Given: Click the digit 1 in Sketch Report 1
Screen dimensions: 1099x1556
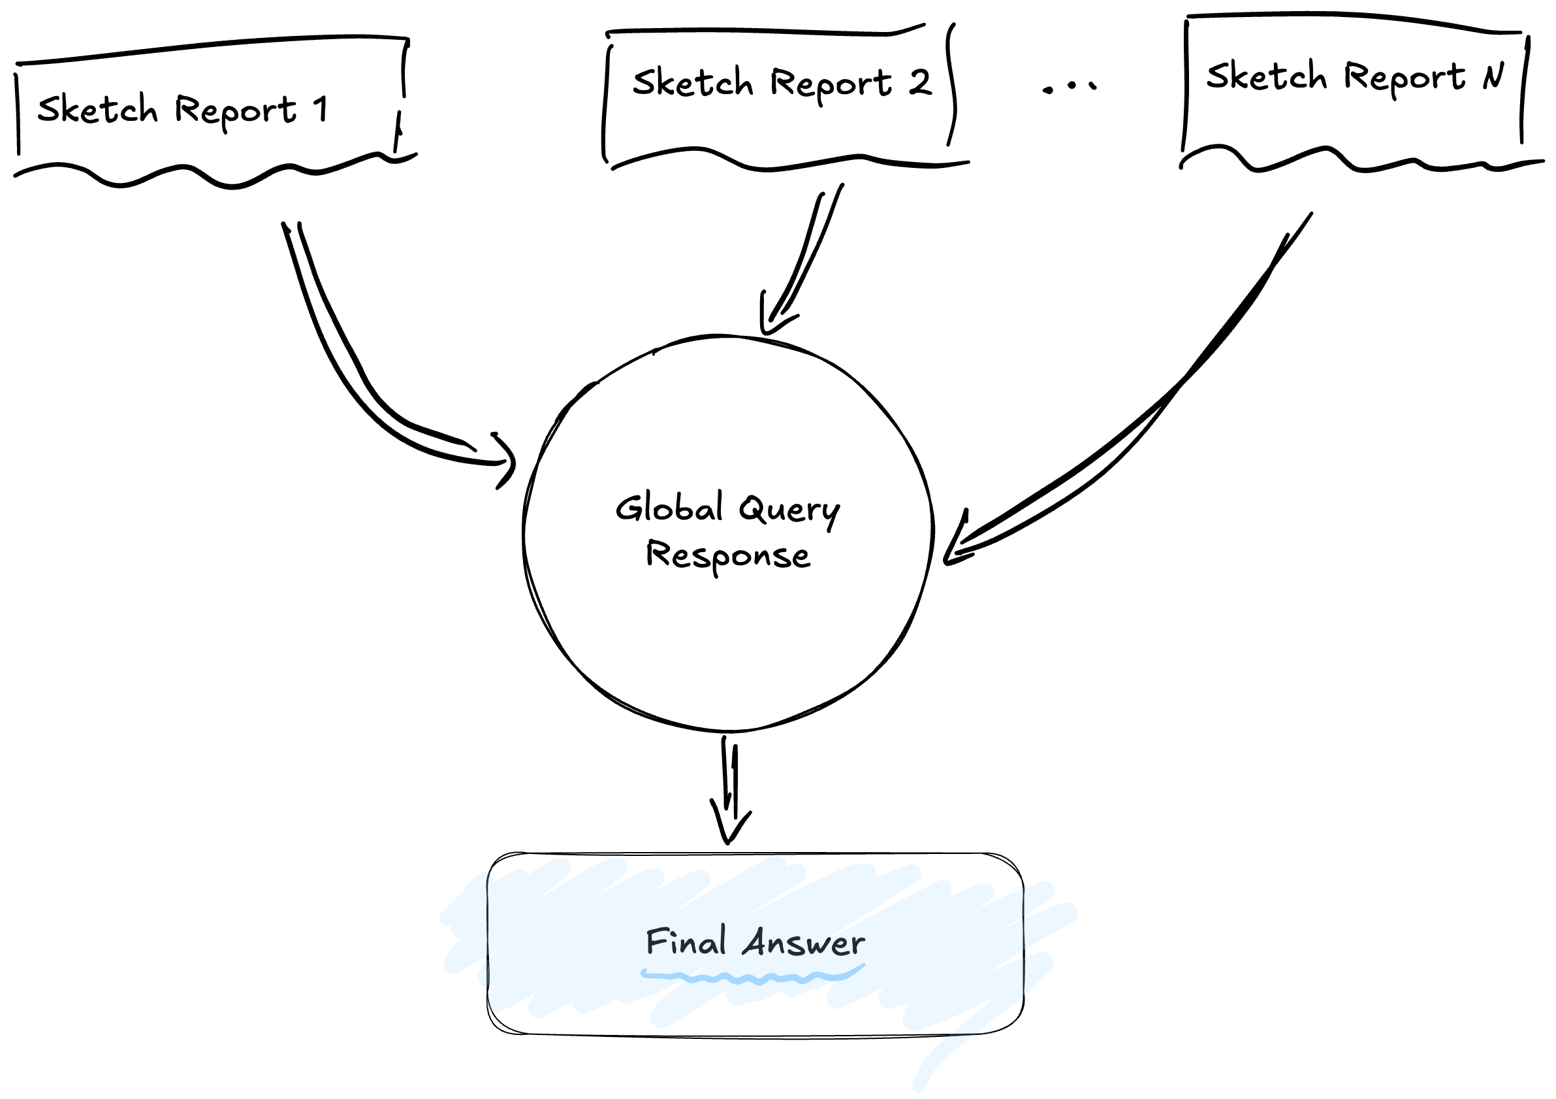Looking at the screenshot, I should point(321,109).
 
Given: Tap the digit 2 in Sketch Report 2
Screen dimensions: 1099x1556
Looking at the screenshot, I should point(919,82).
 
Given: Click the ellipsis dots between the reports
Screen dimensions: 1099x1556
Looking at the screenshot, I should point(1069,87).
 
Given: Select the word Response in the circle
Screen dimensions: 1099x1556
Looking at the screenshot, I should point(728,556).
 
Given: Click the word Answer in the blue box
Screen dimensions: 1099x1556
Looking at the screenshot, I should point(804,943).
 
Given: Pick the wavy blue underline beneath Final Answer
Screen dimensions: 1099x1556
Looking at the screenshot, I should point(752,977).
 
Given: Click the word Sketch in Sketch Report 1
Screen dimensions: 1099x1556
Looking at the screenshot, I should point(97,109).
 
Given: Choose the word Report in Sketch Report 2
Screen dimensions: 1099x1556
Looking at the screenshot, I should point(831,84).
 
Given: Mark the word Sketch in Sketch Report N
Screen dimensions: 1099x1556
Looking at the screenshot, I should point(1266,75).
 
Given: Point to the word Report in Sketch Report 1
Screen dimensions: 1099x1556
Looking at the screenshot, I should point(235,110).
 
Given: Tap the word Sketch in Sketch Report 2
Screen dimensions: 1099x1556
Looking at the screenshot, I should point(693,82).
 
